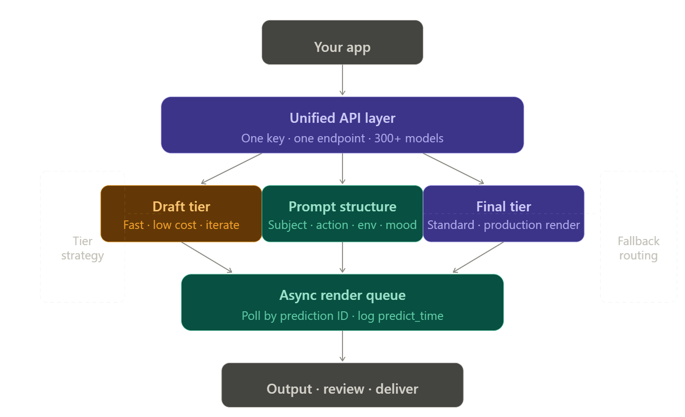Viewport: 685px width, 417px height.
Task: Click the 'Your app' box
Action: coord(342,43)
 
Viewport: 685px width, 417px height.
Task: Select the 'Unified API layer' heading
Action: coord(342,118)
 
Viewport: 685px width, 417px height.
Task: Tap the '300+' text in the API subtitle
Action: coord(387,139)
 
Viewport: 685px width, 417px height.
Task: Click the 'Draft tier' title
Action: coord(181,207)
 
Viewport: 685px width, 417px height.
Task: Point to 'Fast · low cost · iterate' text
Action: coord(181,225)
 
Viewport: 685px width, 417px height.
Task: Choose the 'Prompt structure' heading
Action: coord(342,207)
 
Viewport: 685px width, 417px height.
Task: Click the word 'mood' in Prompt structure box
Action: coord(401,225)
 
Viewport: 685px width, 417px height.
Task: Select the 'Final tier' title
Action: coord(503,207)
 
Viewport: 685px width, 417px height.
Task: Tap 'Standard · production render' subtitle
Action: coord(503,225)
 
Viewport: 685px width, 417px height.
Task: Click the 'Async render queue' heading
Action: coord(342,295)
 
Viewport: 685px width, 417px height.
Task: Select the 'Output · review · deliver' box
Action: coord(342,386)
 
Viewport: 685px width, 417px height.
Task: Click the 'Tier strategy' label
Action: coord(82,248)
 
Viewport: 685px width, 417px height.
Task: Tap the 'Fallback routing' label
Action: coord(638,248)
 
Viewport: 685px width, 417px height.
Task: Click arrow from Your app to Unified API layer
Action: coord(342,80)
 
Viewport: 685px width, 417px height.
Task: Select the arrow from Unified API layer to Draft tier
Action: coord(231,169)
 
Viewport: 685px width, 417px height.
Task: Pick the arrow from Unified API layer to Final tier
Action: coord(453,169)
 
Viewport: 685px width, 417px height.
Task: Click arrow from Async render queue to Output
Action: coord(342,346)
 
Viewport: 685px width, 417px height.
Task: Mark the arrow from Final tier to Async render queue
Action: coord(478,258)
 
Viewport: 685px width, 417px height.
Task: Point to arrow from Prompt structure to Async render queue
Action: coord(342,258)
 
